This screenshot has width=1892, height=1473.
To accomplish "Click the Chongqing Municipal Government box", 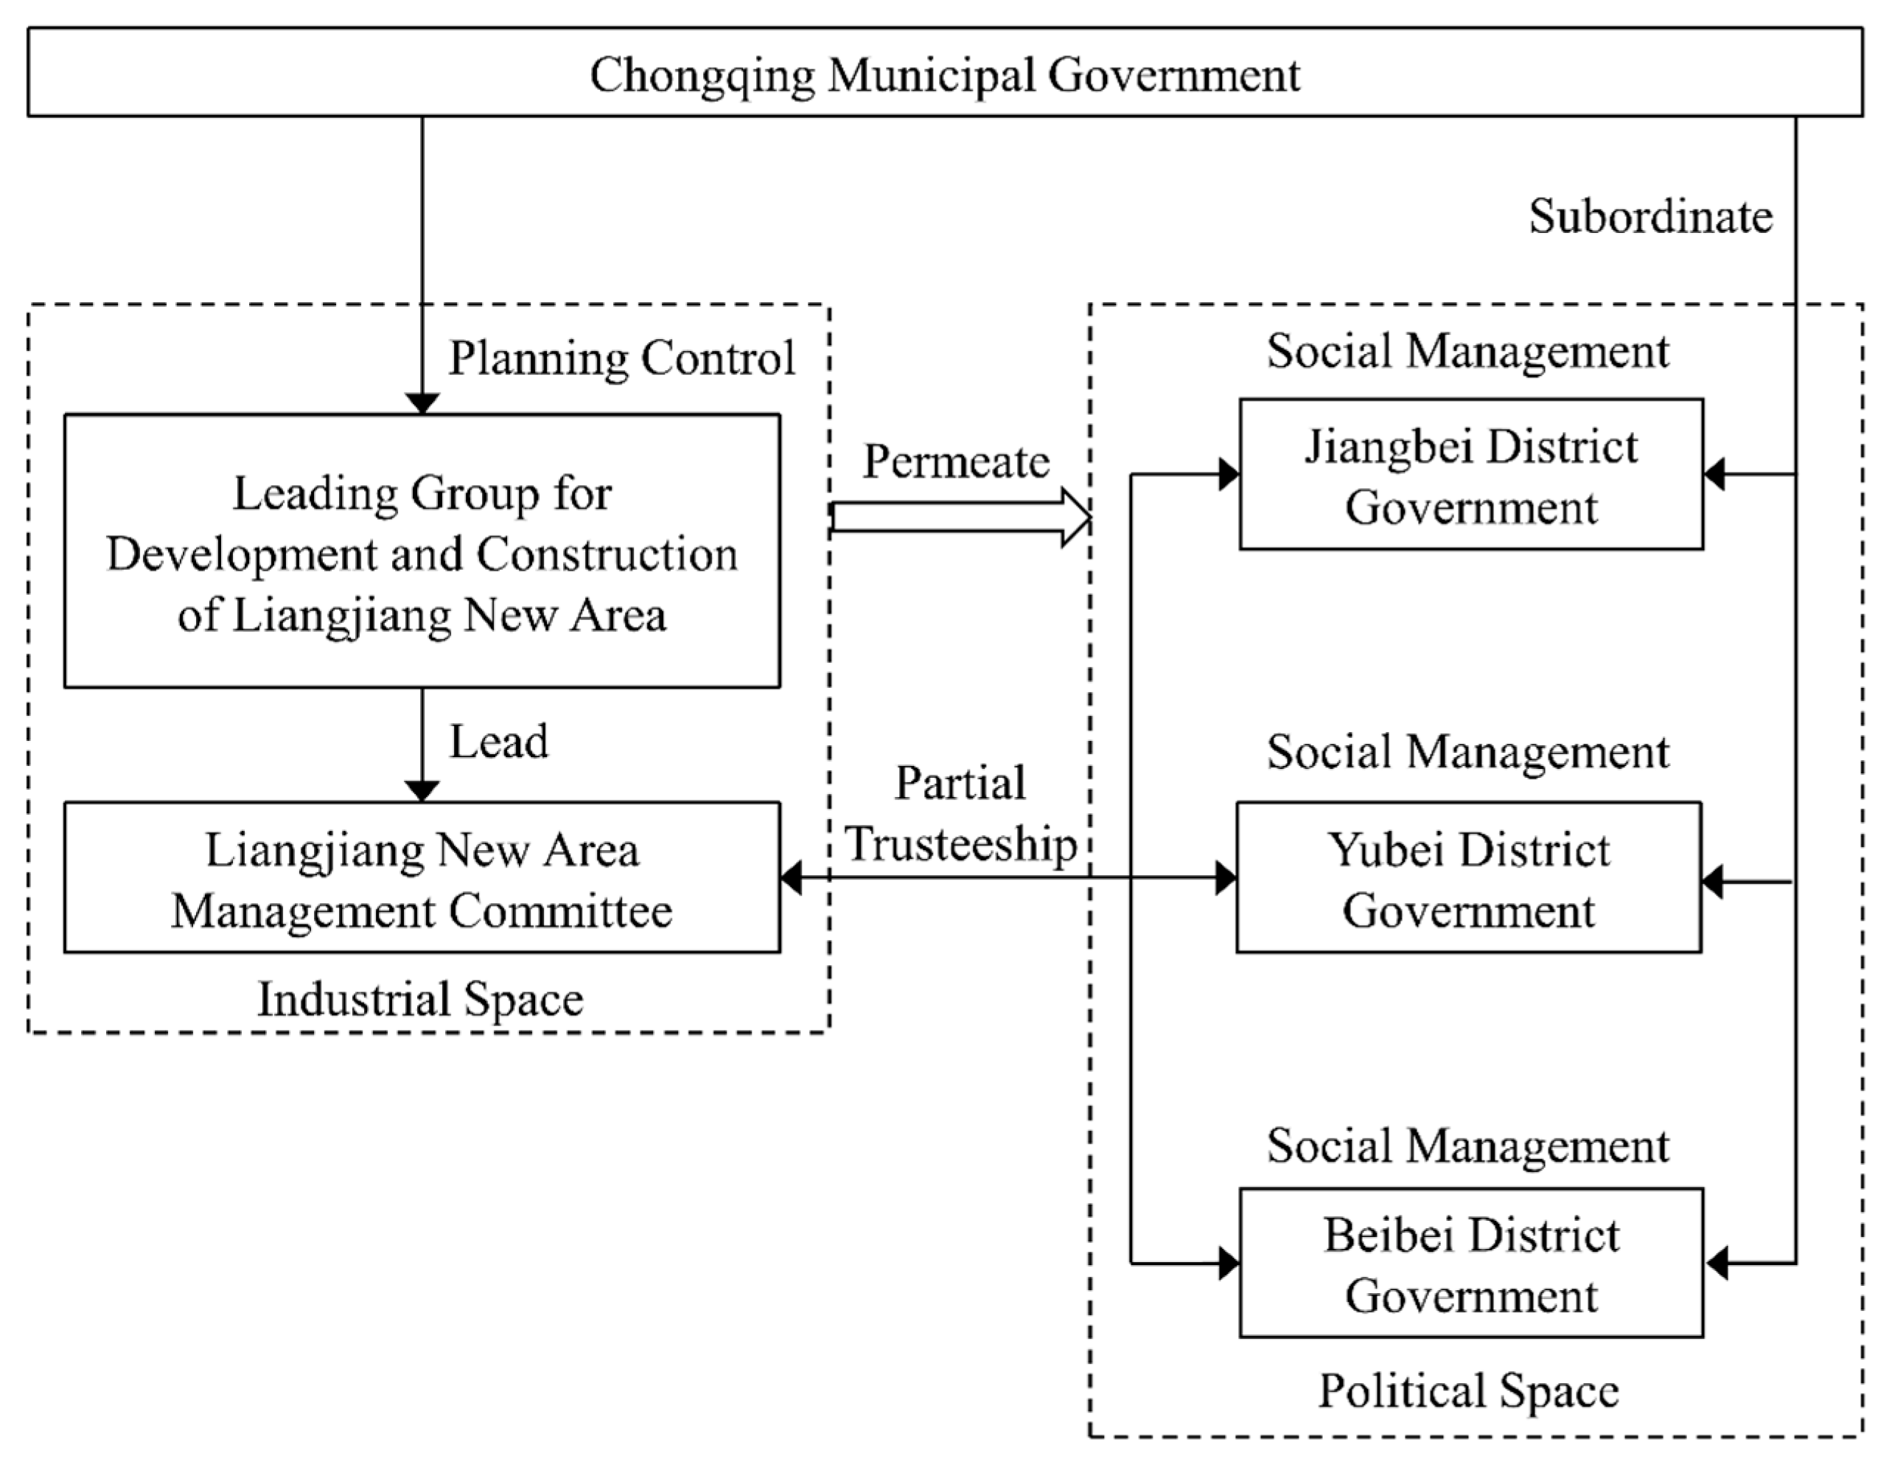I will pos(944,73).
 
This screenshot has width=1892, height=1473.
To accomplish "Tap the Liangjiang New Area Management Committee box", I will pos(422,878).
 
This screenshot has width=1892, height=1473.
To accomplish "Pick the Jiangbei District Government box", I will pos(1471,475).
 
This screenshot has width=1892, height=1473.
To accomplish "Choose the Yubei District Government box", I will pos(1468,878).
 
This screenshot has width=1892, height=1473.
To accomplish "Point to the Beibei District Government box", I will pos(1471,1264).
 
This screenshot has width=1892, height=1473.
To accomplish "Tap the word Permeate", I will pos(957,461).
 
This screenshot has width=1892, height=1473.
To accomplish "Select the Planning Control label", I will pos(621,357).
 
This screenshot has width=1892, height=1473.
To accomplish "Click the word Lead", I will pos(498,742).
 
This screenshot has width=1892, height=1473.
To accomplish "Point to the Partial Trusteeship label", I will pos(960,814).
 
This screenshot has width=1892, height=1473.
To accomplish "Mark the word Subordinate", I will pos(1650,216).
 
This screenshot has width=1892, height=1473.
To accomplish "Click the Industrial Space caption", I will pos(420,999).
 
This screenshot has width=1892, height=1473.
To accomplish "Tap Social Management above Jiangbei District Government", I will pos(1467,351).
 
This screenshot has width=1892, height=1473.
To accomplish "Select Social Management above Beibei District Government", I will pos(1467,1146).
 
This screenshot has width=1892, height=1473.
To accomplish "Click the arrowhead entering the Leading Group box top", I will pos(422,404).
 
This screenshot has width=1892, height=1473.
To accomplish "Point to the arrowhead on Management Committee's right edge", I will pos(791,878).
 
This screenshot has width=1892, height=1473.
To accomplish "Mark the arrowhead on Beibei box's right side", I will pos(1716,1264).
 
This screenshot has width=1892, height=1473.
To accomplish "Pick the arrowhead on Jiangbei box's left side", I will pos(1229,474).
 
